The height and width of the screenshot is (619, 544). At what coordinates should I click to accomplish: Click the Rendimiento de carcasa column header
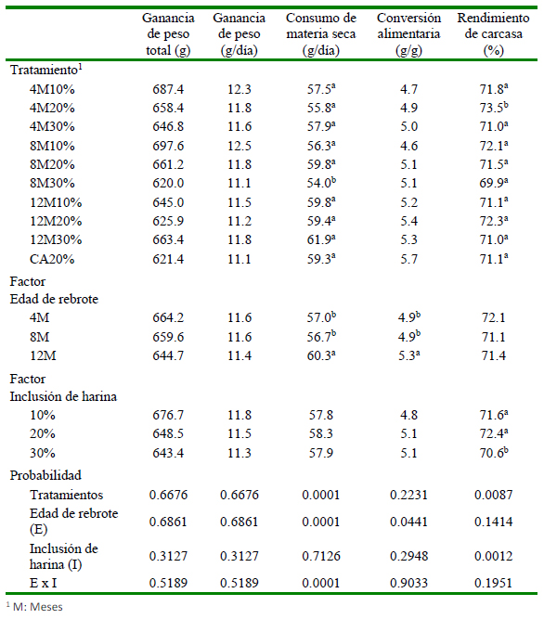point(493,34)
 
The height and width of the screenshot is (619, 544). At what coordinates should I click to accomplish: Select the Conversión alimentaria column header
point(408,34)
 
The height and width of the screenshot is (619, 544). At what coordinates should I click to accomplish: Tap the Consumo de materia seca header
point(321,34)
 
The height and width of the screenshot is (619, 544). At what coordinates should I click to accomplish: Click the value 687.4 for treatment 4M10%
point(168,89)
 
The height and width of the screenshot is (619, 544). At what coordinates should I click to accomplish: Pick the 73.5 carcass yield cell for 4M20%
point(494,108)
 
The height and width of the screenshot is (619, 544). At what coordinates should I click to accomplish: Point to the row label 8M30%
point(52,183)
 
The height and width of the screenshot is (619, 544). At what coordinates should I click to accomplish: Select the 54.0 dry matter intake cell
point(321,183)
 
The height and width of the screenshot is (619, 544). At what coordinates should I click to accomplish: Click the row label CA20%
point(52,259)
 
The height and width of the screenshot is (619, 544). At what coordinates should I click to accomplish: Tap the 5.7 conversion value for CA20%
point(408,259)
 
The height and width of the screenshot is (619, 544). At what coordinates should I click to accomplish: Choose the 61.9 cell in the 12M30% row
point(321,239)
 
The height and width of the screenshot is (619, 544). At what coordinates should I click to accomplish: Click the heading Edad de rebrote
point(54,299)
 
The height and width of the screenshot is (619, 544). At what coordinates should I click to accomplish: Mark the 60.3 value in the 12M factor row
point(321,355)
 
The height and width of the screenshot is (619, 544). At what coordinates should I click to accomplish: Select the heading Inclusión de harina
point(63,396)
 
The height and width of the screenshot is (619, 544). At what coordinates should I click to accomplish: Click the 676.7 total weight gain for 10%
point(168,415)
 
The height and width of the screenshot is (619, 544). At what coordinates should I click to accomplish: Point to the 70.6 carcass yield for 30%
point(494,452)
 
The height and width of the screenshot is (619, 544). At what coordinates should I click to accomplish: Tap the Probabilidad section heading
point(45,475)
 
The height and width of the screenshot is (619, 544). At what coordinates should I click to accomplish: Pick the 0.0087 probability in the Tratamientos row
point(494,495)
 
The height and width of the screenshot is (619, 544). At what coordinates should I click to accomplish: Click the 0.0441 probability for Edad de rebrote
point(408,522)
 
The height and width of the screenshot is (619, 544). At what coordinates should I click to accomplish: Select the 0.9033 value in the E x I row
point(408,583)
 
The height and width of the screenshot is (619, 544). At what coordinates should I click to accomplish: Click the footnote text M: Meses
point(37,607)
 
